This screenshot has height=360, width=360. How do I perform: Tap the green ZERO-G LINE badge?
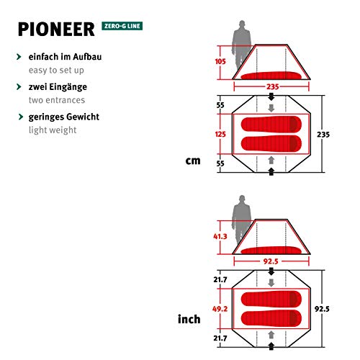pos(122,27)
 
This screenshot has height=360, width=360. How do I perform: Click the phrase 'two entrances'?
pos(57,99)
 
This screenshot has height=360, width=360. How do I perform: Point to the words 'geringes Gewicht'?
pos(64,116)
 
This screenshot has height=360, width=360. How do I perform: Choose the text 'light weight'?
pos(53,130)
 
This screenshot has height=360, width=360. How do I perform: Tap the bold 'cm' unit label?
pos(193,160)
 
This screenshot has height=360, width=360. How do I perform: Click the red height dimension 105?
pos(222,62)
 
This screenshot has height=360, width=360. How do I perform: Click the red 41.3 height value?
pos(220,235)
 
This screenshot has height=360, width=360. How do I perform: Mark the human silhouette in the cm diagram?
pos(238,48)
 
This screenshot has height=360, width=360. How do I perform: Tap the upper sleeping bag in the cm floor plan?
pos(270,124)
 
